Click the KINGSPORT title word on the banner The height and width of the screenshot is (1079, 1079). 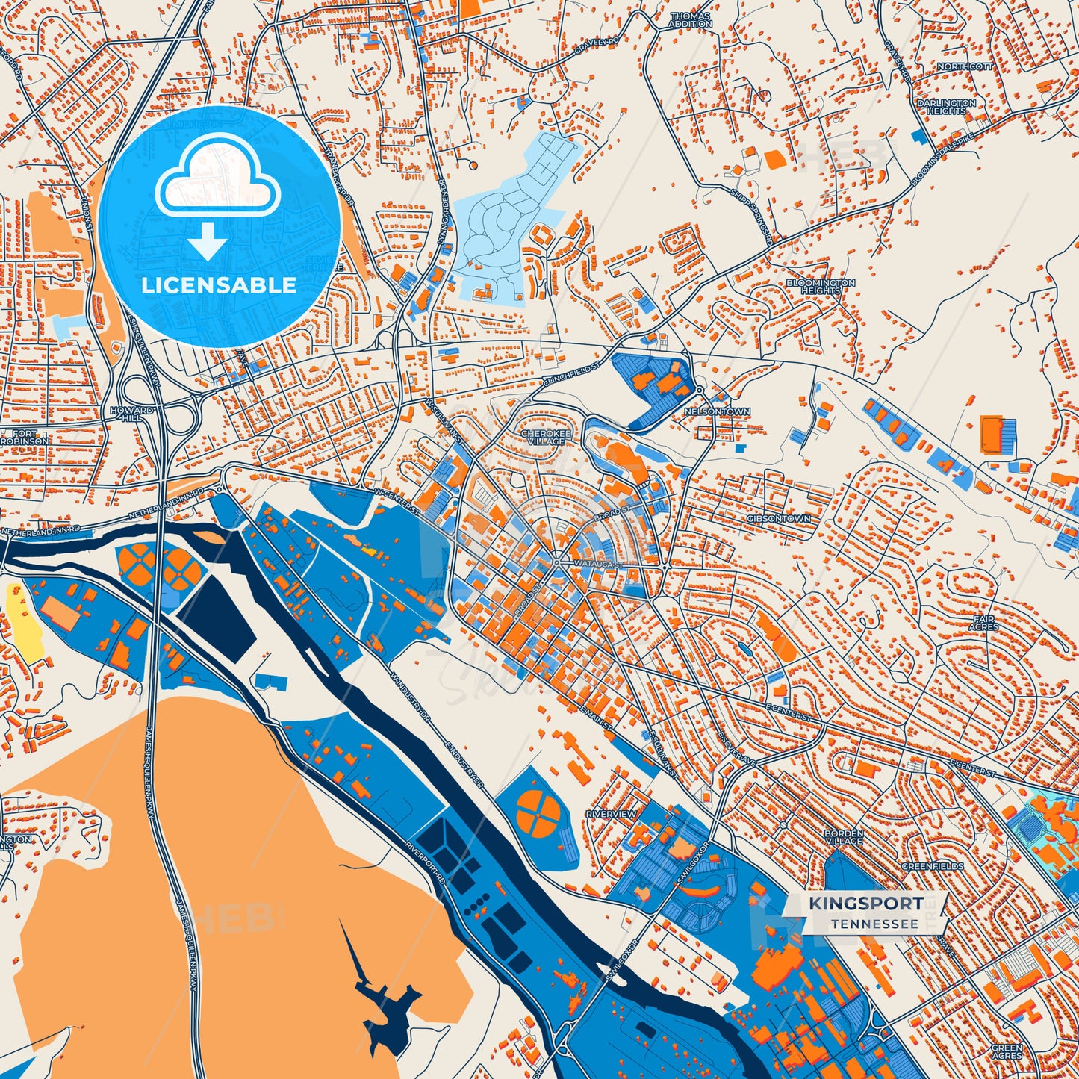(x=865, y=904)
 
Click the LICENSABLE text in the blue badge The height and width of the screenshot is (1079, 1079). (x=219, y=285)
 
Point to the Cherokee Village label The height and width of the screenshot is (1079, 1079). (x=546, y=437)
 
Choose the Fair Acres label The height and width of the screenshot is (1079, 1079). (x=986, y=623)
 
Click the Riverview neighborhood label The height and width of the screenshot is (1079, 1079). (x=611, y=813)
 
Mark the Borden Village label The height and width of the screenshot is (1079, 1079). (x=844, y=837)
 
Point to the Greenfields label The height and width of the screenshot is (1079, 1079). (x=932, y=866)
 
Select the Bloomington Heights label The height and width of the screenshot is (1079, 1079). (x=820, y=287)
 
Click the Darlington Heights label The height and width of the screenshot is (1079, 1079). (x=946, y=107)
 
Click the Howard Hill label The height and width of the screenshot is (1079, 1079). (x=131, y=414)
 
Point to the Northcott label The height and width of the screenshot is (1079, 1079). (x=965, y=67)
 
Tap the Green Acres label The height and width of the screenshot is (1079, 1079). (x=1007, y=1051)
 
